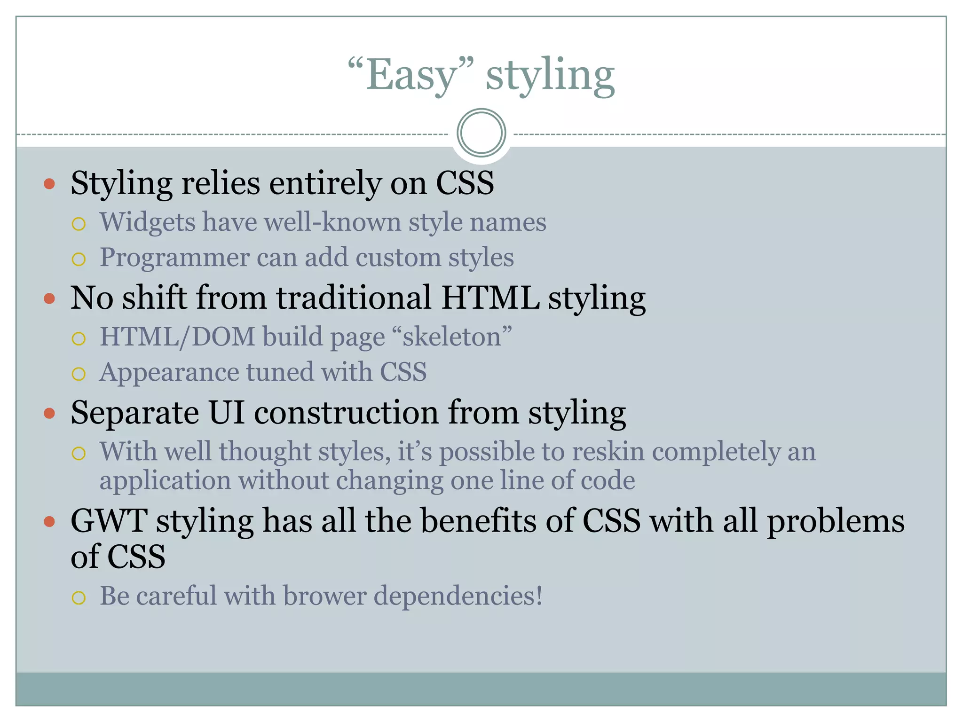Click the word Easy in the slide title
(411, 75)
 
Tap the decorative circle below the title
(481, 133)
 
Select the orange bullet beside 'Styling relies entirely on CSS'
(49, 183)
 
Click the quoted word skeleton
(451, 337)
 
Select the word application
(165, 481)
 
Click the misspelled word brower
(325, 596)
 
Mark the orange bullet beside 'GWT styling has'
(49, 521)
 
